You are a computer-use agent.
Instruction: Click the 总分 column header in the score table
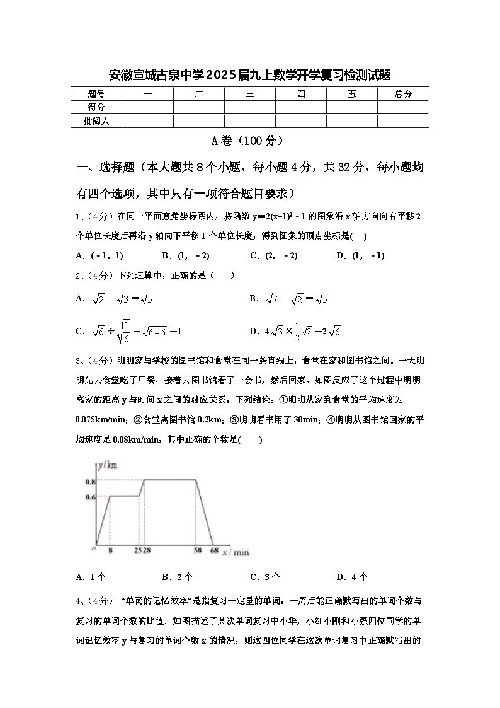403,94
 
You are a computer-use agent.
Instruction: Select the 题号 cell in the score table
96,94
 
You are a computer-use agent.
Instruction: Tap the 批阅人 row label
96,120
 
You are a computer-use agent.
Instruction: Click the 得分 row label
96,107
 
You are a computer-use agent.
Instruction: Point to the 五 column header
351,94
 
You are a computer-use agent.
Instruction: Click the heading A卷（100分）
249,141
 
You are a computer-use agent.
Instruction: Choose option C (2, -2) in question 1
273,255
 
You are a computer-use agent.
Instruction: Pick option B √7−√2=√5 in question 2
288,299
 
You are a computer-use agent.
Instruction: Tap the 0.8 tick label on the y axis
89,481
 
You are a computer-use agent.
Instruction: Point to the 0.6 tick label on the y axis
89,497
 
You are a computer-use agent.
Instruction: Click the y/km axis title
108,466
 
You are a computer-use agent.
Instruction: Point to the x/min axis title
237,552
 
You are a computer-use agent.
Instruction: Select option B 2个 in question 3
177,577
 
